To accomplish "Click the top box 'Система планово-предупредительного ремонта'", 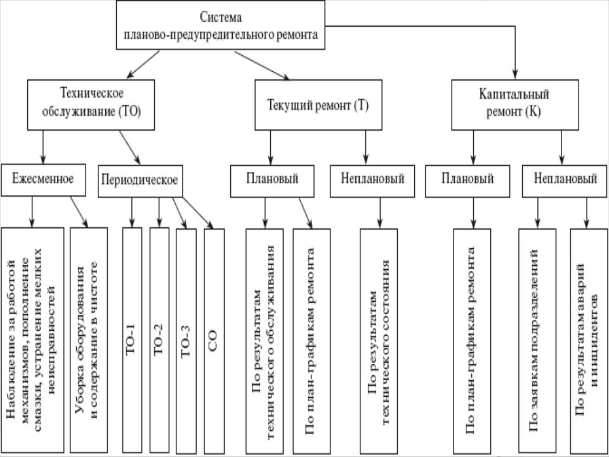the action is (221, 25).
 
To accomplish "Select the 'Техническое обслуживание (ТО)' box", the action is (91, 105).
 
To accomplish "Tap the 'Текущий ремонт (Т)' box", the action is (318, 105).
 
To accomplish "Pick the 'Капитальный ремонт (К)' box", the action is (515, 105).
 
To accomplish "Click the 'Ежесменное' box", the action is (44, 180).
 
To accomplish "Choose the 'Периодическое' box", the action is (140, 181).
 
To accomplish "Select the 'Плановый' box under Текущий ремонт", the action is (272, 181).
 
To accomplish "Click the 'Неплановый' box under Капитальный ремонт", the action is (565, 181).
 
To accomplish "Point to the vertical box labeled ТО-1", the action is (132, 340).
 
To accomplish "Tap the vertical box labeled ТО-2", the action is (159, 340).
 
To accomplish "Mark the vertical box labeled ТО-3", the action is (186, 341).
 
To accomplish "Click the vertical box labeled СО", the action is (214, 341).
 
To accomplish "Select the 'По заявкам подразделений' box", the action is (537, 341).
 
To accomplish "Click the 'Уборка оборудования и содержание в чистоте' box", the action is (89, 340).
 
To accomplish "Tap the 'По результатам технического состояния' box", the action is (379, 341).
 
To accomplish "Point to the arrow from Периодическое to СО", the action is (198, 213).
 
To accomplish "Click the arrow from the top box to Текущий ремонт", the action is (262, 65).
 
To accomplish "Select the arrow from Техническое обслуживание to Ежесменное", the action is (43, 147).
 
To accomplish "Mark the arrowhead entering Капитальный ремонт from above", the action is (515, 75).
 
